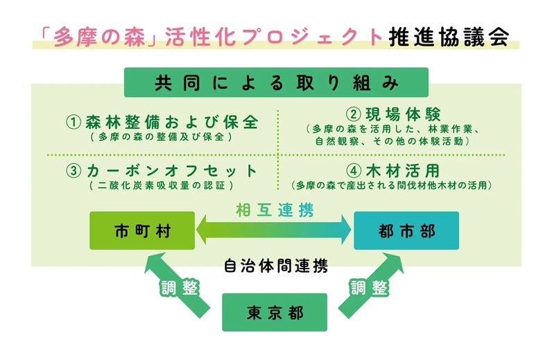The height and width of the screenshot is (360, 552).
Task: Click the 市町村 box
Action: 142,230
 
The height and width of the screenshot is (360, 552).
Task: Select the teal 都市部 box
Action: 406,230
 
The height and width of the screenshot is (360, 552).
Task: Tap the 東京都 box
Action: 274,312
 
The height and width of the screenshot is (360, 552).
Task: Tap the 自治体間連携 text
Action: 275,265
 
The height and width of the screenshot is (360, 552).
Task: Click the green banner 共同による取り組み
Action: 275,83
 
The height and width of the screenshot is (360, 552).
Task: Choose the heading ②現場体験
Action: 393,114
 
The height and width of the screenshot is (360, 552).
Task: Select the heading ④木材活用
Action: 393,171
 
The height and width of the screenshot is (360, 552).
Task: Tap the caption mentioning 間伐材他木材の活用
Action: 393,186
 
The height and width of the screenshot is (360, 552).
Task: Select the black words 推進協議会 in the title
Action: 449,35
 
